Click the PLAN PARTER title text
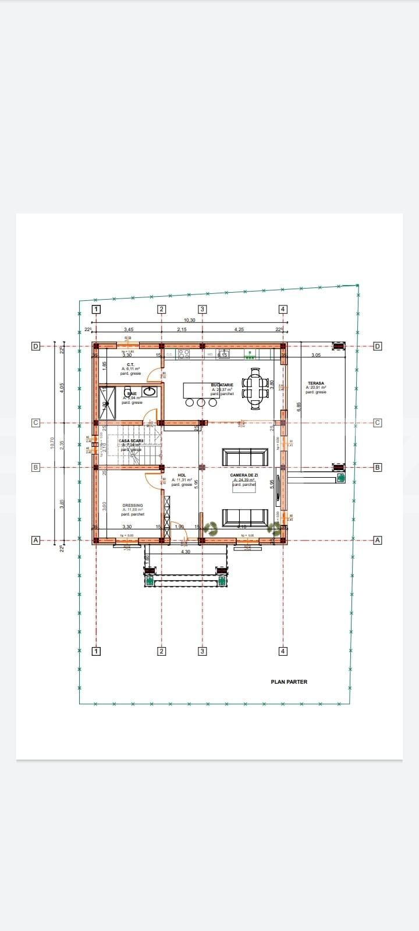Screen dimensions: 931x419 coord(289,681)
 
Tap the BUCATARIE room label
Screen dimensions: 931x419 coord(222,385)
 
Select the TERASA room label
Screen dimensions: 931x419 coord(316,383)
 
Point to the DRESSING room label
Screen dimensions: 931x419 coord(133,506)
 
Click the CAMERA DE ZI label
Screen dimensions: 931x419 coord(244,475)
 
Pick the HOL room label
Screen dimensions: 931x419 coord(182,475)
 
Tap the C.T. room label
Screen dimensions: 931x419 coord(130,365)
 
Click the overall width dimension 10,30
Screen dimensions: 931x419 coord(189,320)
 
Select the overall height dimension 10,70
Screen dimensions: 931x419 coord(52,443)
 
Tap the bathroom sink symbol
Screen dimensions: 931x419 coord(150,392)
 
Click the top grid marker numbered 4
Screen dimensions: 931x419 coord(283,310)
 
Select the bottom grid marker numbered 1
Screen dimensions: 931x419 coord(97,651)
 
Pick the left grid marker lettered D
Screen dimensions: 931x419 coord(35,346)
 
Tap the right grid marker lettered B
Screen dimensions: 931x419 coord(377,467)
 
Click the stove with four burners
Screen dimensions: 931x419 coord(183,353)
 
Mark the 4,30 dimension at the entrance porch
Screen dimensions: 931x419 coord(186,552)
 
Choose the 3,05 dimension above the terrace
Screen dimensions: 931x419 coord(316,355)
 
